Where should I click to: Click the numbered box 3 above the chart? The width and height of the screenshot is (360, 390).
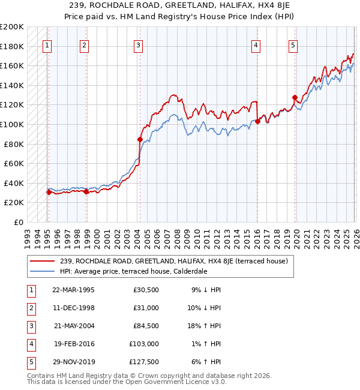click(139, 45)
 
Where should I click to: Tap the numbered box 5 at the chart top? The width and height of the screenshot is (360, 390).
click(293, 45)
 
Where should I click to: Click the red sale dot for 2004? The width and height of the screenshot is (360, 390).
click(140, 140)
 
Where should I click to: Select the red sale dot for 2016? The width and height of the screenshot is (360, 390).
click(257, 122)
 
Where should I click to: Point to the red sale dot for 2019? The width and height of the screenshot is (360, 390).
click(295, 98)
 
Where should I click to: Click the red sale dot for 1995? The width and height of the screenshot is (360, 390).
click(49, 192)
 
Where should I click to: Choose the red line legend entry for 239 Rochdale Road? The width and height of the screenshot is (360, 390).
click(174, 261)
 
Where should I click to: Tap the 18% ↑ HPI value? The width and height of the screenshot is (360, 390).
click(203, 326)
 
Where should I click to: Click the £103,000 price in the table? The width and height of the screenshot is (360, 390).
click(143, 344)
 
